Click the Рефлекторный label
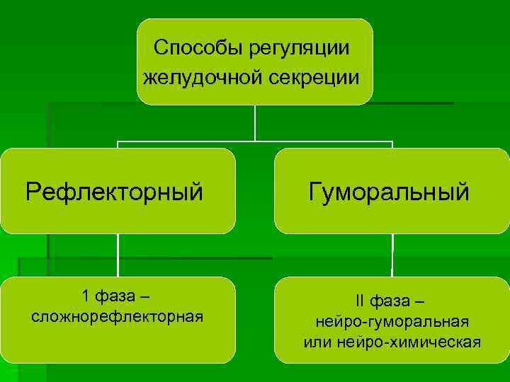[115, 191]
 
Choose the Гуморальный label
[389, 191]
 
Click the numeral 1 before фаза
[86, 295]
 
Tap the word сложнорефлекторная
[118, 316]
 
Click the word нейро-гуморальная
[392, 322]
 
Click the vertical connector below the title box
[255, 122]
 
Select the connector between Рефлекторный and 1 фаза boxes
[118, 255]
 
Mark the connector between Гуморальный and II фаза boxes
[392, 255]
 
